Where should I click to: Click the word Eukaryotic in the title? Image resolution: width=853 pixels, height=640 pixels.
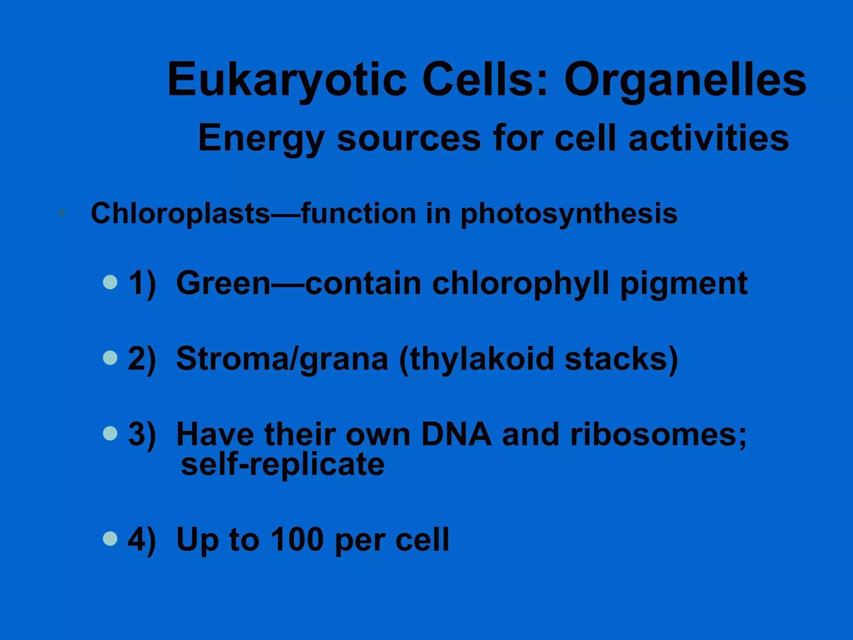point(287,80)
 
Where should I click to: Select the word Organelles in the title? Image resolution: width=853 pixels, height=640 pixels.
point(685,80)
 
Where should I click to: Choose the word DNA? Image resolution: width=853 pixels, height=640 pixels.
point(456,435)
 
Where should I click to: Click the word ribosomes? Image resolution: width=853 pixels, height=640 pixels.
point(658,435)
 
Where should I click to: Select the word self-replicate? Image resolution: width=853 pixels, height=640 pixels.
point(283,465)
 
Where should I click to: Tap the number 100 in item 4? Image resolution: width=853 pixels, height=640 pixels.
point(297,540)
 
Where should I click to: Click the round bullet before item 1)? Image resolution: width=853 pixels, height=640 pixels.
point(110,282)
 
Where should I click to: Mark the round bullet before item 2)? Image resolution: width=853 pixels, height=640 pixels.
point(110,357)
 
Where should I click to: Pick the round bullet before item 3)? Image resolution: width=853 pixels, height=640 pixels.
point(110,433)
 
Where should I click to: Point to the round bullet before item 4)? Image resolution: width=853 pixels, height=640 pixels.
point(110,538)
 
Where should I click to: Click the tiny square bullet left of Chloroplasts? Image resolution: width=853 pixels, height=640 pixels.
point(62,213)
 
